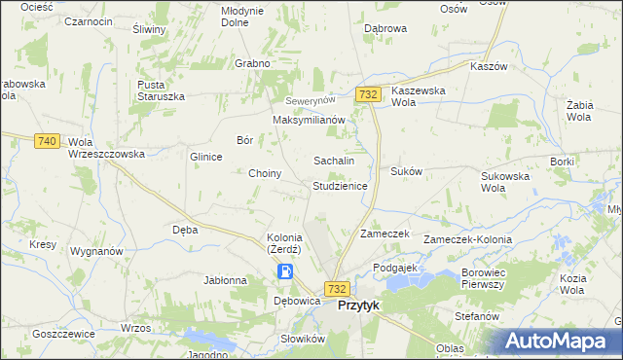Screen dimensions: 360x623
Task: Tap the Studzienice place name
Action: click(x=340, y=185)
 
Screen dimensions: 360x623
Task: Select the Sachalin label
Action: click(x=333, y=160)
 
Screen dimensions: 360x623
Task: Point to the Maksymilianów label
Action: click(x=310, y=120)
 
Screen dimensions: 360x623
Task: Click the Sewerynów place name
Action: click(x=310, y=101)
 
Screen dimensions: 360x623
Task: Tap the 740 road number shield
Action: click(x=46, y=141)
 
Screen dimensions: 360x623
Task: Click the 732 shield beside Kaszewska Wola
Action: click(x=367, y=93)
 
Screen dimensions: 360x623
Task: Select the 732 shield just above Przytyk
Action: click(x=337, y=289)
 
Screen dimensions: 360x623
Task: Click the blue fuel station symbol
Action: click(x=284, y=272)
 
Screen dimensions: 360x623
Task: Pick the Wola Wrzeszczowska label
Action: click(x=106, y=148)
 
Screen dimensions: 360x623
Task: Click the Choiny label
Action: click(x=266, y=174)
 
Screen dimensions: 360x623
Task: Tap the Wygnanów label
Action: click(x=96, y=251)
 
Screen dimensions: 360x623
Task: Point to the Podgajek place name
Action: click(x=394, y=267)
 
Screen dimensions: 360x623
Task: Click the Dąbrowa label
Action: click(x=385, y=29)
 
